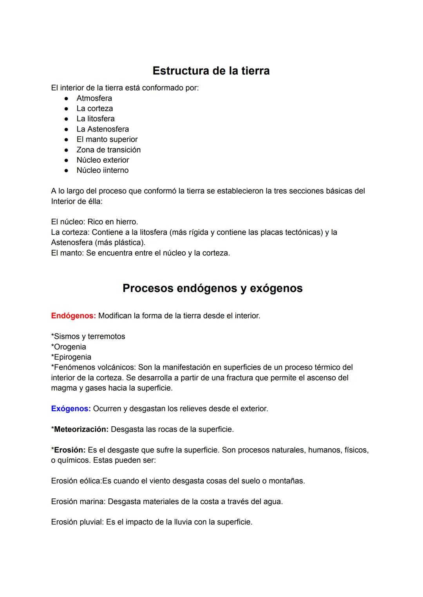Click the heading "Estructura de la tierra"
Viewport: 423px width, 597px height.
click(x=211, y=71)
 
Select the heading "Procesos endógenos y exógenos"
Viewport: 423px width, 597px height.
click(x=212, y=288)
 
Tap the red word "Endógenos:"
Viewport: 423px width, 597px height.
click(x=73, y=316)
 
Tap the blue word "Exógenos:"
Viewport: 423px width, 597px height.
click(x=71, y=409)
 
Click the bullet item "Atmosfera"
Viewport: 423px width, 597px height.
click(x=94, y=98)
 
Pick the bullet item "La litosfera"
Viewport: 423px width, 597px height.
click(x=96, y=119)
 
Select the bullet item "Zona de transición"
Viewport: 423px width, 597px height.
click(x=108, y=150)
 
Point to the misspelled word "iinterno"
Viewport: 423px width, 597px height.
click(x=116, y=170)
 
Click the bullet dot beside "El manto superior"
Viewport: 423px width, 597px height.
click(x=67, y=140)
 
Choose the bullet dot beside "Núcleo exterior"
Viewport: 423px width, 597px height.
click(x=67, y=160)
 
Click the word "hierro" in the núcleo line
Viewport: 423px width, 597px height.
click(x=126, y=222)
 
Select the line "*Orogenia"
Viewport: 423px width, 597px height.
click(x=69, y=347)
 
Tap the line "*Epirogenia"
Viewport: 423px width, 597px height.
click(x=71, y=357)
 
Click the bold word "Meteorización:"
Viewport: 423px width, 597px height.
click(x=81, y=429)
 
